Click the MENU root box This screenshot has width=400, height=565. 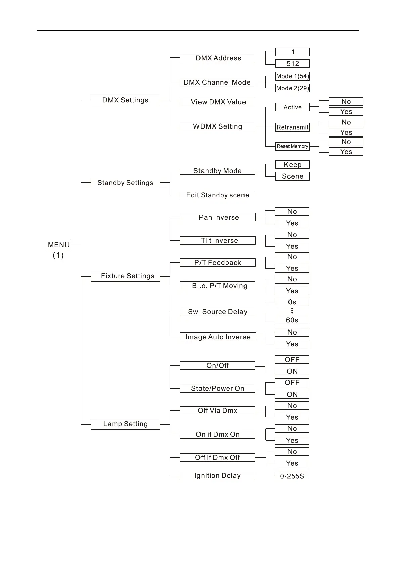pyautogui.click(x=58, y=245)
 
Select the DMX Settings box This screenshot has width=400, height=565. pyautogui.click(x=125, y=100)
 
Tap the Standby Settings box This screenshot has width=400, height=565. pyautogui.click(x=125, y=183)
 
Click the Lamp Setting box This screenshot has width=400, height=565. pyautogui.click(x=125, y=424)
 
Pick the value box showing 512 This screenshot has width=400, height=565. pyautogui.click(x=292, y=63)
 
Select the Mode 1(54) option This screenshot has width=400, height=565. pyautogui.click(x=292, y=76)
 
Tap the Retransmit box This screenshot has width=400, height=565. pyautogui.click(x=292, y=127)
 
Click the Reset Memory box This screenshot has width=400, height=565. pyautogui.click(x=292, y=146)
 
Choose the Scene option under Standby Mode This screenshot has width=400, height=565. pyautogui.click(x=292, y=176)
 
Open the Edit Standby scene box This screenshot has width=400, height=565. pyautogui.click(x=217, y=195)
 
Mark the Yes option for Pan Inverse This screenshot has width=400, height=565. pyautogui.click(x=292, y=223)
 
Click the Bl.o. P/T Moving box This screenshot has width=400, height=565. pyautogui.click(x=217, y=286)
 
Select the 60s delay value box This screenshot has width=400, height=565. pyautogui.click(x=292, y=320)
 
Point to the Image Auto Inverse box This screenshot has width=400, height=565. pyautogui.click(x=218, y=337)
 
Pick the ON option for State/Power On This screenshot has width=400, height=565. pyautogui.click(x=292, y=394)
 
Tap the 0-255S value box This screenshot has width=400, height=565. pyautogui.click(x=292, y=476)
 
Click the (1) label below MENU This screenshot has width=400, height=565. pyautogui.click(x=58, y=255)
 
